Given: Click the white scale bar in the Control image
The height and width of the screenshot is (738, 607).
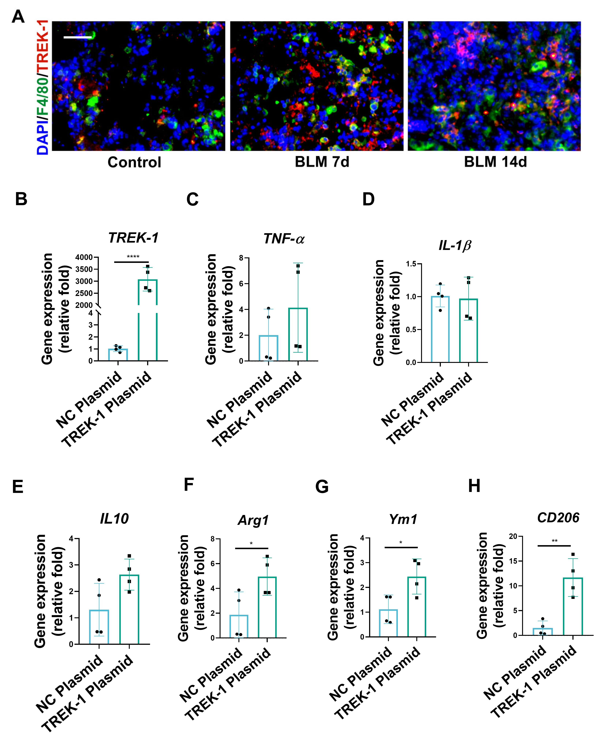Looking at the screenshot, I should coord(78,37).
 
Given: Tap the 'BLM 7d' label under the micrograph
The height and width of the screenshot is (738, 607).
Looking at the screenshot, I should coord(322,162).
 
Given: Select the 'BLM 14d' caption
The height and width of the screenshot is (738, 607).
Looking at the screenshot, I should coord(495,162).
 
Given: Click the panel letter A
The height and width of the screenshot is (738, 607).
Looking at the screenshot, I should coord(18,16).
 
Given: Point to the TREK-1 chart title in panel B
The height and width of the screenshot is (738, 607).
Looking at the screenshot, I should coord(133,238).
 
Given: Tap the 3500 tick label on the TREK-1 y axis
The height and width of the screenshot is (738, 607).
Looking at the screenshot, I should coord(84,269).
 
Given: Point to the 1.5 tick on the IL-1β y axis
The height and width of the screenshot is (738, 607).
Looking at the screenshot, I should coord(411,264).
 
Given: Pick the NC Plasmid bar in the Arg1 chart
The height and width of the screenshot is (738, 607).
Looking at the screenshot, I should coord(239,626).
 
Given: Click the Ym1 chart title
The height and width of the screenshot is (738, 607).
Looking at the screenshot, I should coord(403,519).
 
